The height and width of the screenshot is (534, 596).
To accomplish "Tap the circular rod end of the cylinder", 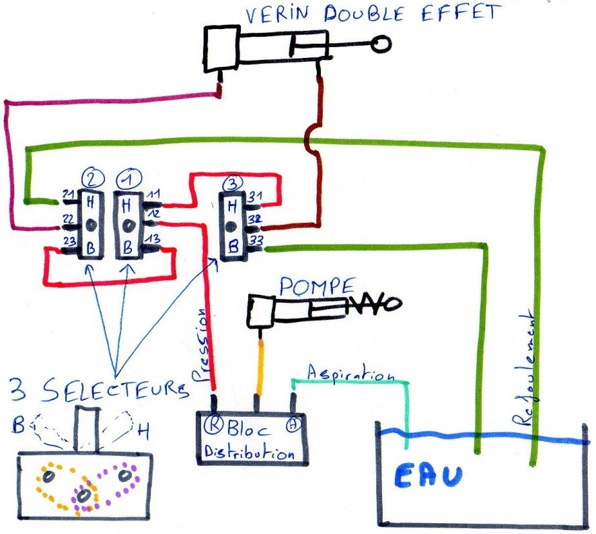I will (x=381, y=45).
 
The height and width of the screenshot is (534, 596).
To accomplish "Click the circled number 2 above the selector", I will (x=89, y=179).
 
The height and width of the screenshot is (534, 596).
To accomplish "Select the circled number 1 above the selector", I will (x=124, y=180).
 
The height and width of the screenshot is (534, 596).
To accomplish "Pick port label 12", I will (x=152, y=213).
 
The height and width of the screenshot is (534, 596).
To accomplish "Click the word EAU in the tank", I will (x=428, y=475).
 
